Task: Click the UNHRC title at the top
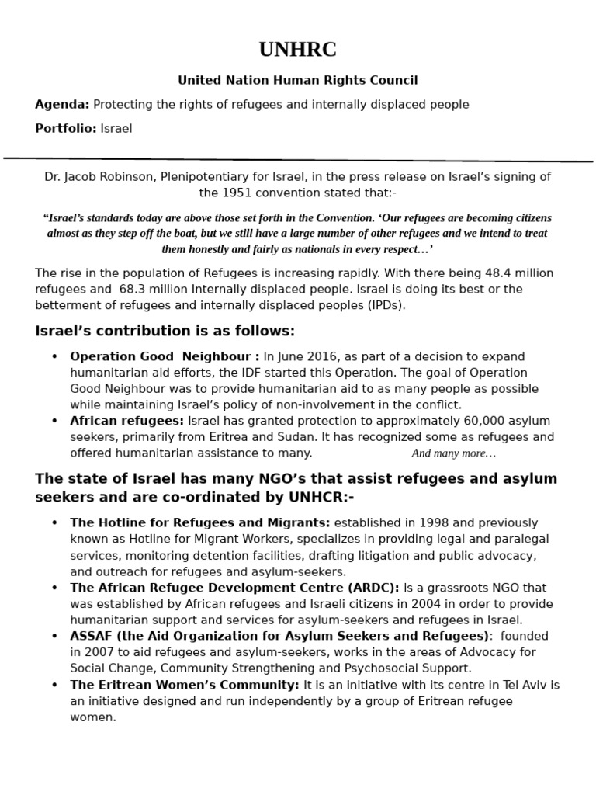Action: tap(298, 50)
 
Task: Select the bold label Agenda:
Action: tap(62, 104)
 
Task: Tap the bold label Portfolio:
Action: tap(66, 128)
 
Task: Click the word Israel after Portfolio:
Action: tap(116, 128)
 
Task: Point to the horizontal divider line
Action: tap(298, 160)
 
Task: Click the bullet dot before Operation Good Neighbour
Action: tap(54, 356)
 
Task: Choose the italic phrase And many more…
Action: tap(454, 453)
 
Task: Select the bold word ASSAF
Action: tap(92, 636)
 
